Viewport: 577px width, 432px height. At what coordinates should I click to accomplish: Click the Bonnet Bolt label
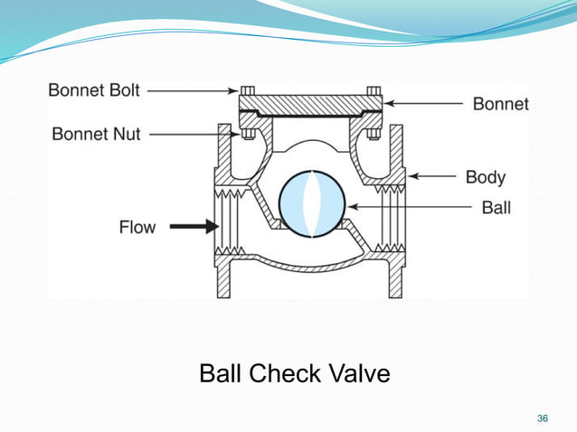click(95, 90)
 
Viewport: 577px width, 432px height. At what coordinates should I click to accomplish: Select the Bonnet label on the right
click(500, 104)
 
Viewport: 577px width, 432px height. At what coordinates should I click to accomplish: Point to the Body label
click(486, 176)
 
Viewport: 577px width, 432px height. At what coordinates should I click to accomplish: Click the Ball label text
click(496, 208)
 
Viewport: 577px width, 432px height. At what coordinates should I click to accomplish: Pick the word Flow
click(137, 226)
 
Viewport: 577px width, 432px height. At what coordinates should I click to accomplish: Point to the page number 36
click(543, 418)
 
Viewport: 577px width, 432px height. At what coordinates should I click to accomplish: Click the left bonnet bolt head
click(246, 90)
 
